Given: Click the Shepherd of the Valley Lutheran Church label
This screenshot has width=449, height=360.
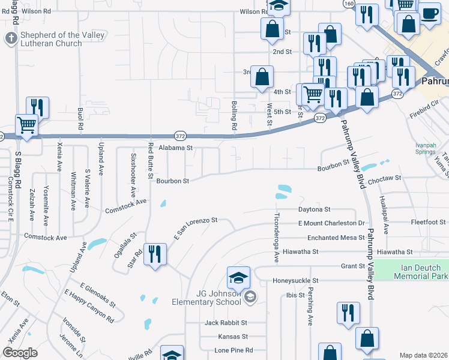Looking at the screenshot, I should pos(62,39).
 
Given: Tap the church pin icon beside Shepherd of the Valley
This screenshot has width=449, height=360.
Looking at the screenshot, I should pos(11,39).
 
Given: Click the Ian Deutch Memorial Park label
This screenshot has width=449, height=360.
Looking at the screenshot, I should pos(421,272).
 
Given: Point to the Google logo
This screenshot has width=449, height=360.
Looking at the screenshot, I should pos(20,352).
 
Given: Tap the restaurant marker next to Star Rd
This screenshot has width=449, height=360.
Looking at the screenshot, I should pos(155,254).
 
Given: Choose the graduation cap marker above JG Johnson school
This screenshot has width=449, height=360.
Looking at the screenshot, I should pos(238,277).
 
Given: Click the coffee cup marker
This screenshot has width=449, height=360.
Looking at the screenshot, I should pos(429,13).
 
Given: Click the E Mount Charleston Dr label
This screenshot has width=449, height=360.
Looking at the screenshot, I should pos(331,223).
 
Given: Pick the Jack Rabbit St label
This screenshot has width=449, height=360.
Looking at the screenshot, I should pos(226,323).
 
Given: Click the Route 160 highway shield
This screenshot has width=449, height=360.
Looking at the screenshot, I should pos(349,4).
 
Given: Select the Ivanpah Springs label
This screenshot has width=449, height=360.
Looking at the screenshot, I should pos(426,148).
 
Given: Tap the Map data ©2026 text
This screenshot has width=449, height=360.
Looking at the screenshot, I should pos(423,355).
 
